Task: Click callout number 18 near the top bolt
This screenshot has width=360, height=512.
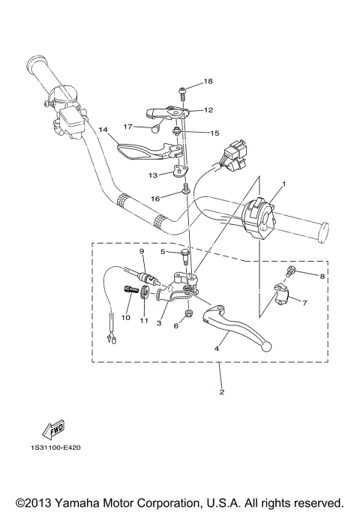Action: click(208, 81)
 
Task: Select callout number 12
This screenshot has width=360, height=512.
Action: click(208, 109)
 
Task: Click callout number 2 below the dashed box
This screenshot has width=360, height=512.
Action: click(221, 391)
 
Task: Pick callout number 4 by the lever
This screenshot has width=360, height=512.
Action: click(217, 349)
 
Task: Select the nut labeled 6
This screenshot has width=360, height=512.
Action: click(188, 313)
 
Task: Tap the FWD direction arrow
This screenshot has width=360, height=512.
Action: click(54, 430)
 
